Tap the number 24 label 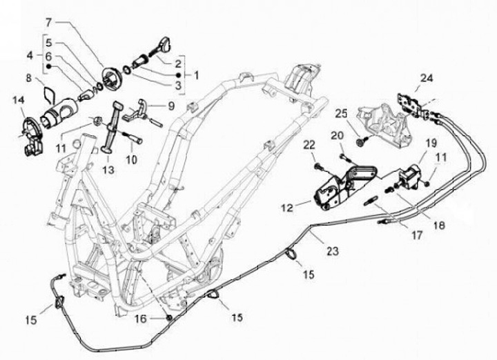click(x=427, y=78)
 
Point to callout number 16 click(x=141, y=319)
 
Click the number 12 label click(x=286, y=205)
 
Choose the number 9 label click(x=172, y=106)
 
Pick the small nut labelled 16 click(x=168, y=317)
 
